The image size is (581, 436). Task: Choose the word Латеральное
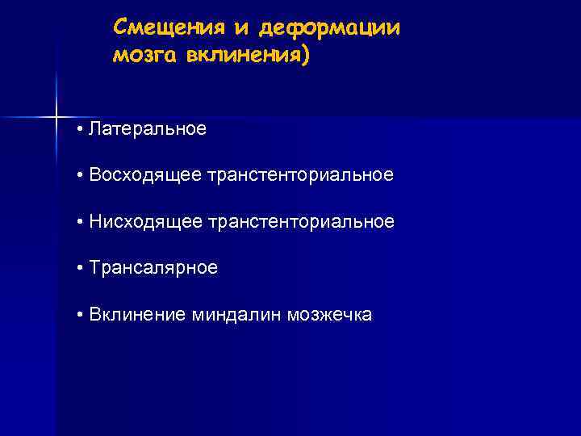148,128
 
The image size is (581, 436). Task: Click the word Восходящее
146,175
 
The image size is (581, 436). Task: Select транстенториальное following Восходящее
301,175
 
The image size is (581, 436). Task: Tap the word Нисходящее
146,221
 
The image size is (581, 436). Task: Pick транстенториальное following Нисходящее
301,221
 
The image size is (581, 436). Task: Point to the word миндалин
230,315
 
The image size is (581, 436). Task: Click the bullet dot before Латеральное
82,129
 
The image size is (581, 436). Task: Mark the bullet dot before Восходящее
82,176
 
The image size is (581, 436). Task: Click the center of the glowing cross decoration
56,118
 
